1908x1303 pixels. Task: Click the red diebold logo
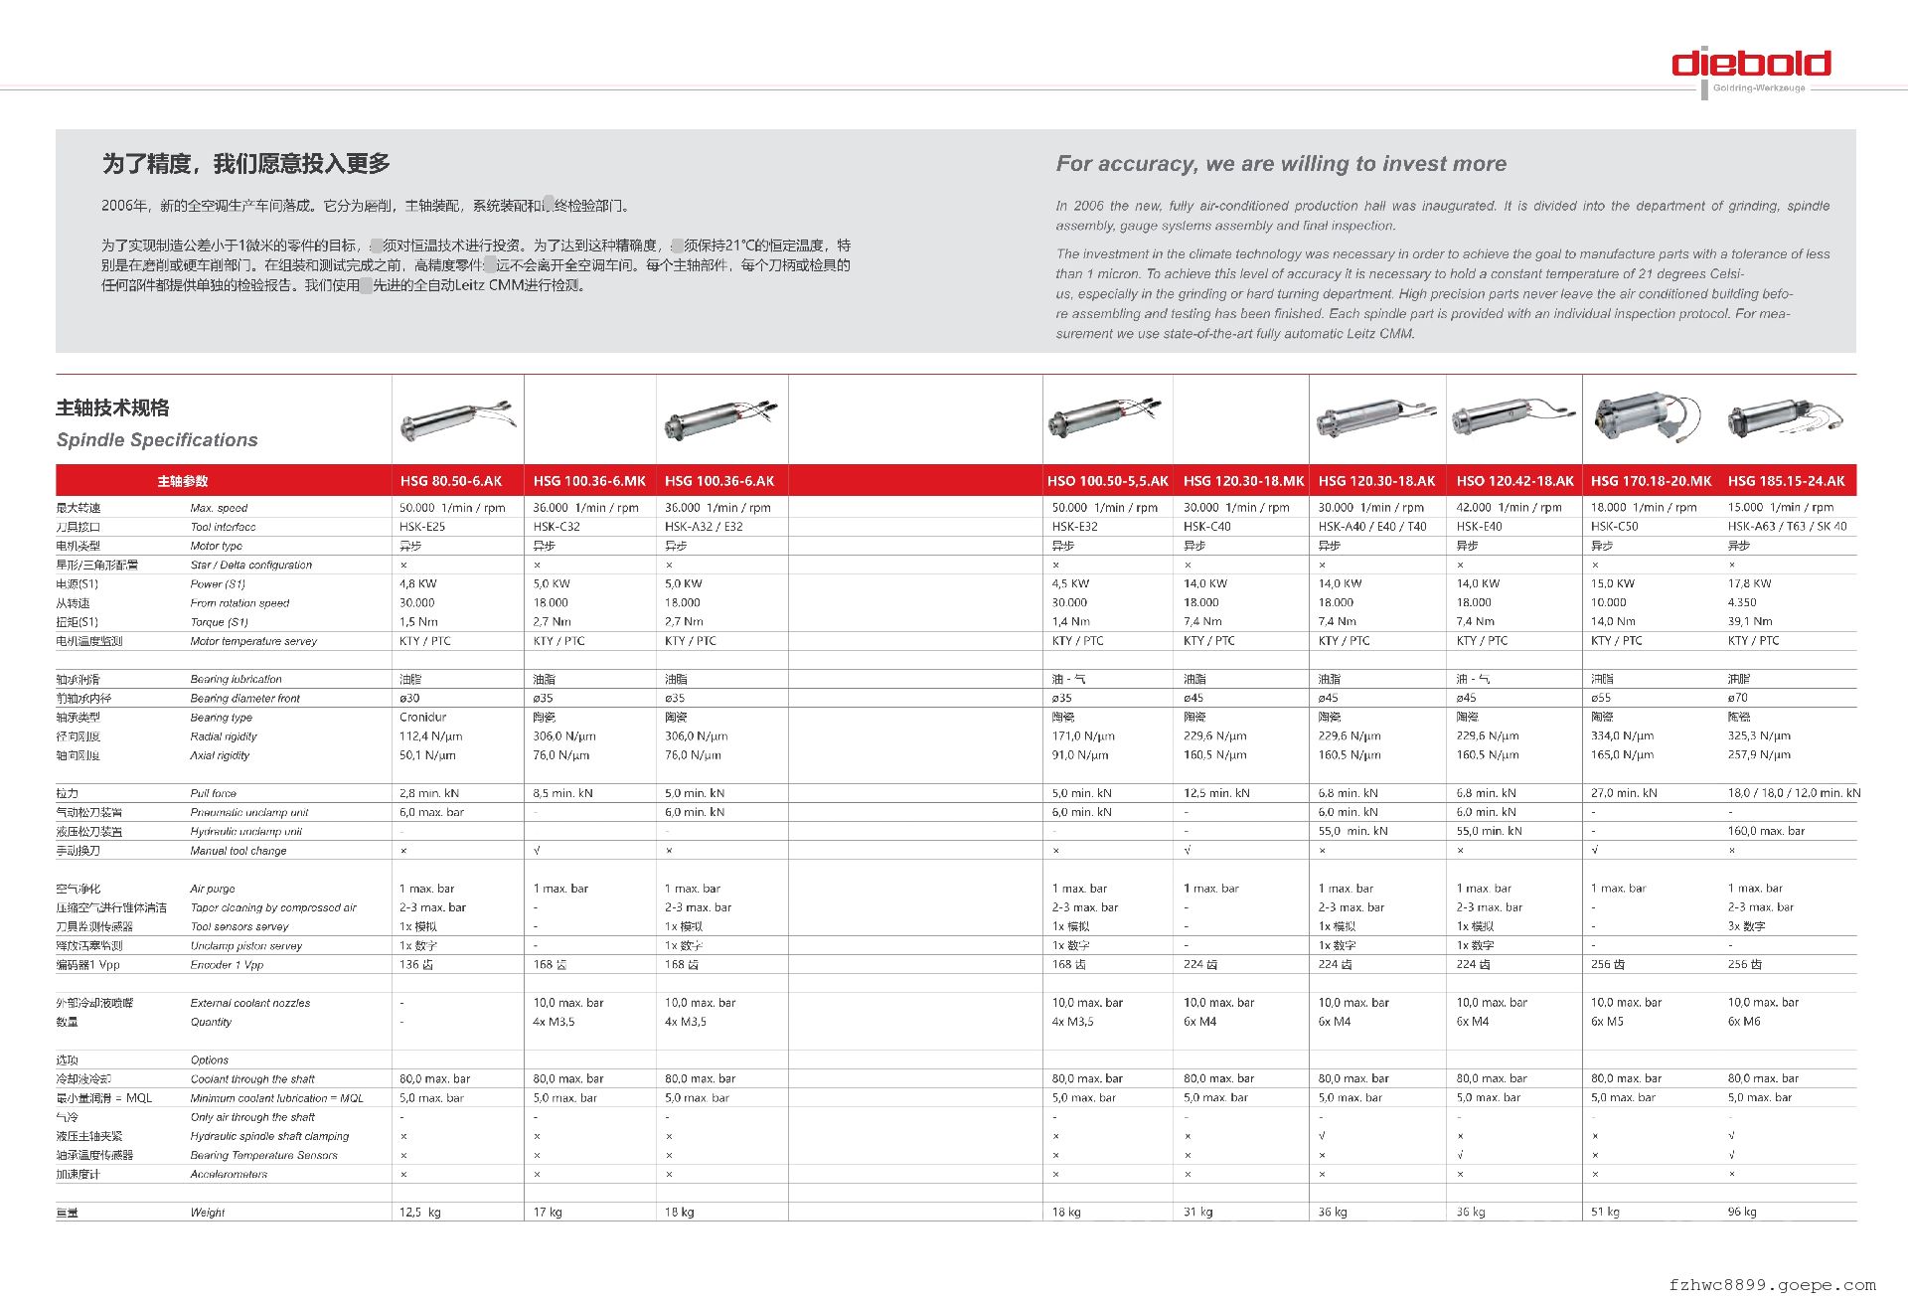pyautogui.click(x=1751, y=65)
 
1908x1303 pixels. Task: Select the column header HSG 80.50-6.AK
pyautogui.click(x=451, y=481)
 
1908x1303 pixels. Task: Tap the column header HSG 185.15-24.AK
pyautogui.click(x=1786, y=481)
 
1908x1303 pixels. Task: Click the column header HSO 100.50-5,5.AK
pyautogui.click(x=1107, y=481)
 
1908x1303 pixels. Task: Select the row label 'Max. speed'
pyautogui.click(x=219, y=508)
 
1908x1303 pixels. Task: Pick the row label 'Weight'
pyautogui.click(x=208, y=1213)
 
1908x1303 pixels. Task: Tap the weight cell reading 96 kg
pyautogui.click(x=1741, y=1213)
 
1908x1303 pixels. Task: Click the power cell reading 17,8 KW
pyautogui.click(x=1749, y=584)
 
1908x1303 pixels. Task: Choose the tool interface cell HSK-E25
pyautogui.click(x=422, y=527)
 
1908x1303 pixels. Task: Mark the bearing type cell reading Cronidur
pyautogui.click(x=423, y=718)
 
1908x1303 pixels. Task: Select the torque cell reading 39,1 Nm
pyautogui.click(x=1749, y=622)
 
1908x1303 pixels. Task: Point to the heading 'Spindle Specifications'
pyautogui.click(x=157, y=440)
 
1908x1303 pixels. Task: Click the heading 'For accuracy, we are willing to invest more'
pyautogui.click(x=1281, y=164)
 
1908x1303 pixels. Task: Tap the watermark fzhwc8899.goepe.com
pyautogui.click(x=1772, y=1285)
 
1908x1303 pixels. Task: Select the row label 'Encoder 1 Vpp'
pyautogui.click(x=227, y=965)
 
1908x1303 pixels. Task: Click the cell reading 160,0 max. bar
pyautogui.click(x=1766, y=832)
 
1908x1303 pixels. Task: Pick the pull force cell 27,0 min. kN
pyautogui.click(x=1624, y=794)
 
